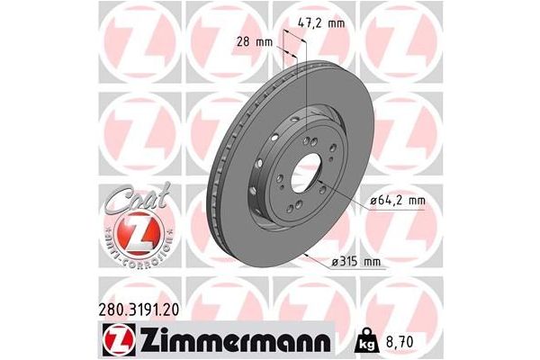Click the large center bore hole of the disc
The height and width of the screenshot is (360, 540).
[x=306, y=169]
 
